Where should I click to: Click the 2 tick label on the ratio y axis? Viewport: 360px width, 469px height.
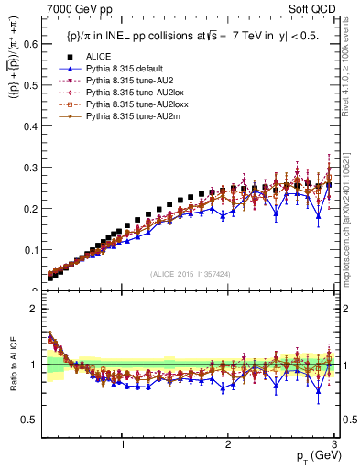[x=34, y=309]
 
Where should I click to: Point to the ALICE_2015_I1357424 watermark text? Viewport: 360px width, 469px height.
[x=190, y=274]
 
